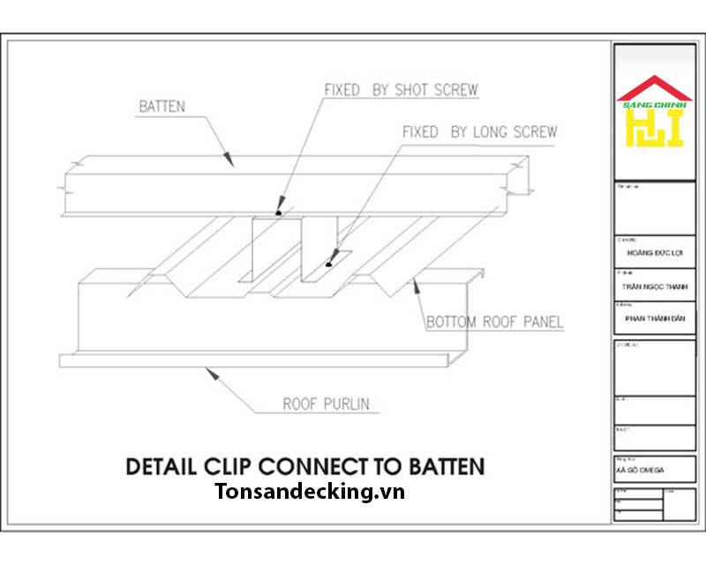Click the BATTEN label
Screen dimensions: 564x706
161,107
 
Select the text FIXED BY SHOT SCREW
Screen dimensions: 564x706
401,90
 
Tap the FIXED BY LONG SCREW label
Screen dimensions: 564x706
479,132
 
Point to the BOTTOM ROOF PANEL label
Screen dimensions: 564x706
494,323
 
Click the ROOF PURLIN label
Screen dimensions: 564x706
326,404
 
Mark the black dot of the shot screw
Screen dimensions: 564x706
279,212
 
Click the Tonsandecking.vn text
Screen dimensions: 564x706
309,492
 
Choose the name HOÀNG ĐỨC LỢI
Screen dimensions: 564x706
653,251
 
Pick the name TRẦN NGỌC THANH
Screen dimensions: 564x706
653,286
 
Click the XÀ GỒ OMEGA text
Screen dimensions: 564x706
643,471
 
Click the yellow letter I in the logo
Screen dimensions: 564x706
675,129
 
